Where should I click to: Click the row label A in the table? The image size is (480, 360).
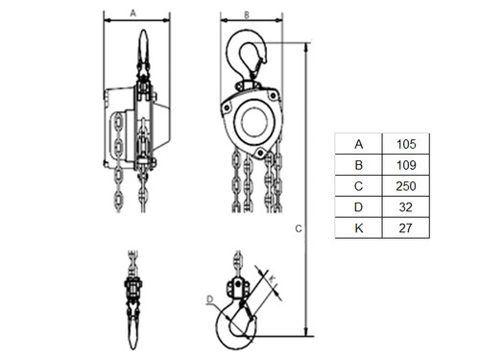[359, 144]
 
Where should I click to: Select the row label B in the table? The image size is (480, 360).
[359, 165]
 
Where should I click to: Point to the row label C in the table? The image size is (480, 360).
[359, 186]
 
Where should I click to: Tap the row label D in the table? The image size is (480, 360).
[359, 207]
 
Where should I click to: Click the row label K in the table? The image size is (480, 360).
[359, 228]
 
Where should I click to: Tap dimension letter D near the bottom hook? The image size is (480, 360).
[208, 300]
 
